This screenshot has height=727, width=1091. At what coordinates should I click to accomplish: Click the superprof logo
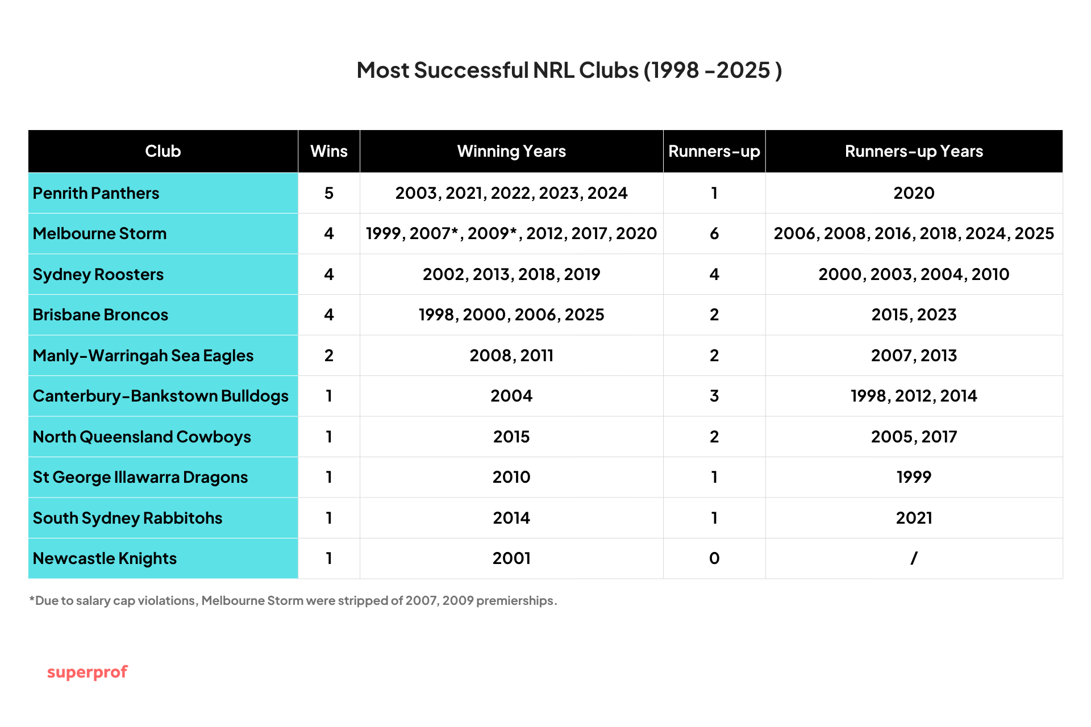(x=87, y=672)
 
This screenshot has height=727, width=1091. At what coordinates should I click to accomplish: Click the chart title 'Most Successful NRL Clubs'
(x=569, y=70)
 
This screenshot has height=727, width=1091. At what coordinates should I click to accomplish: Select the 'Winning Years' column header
(x=511, y=151)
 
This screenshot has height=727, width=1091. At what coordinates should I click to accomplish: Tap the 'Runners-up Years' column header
(x=914, y=151)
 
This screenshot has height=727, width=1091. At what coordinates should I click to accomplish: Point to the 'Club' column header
(x=163, y=151)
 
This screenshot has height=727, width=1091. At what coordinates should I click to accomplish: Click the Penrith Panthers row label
(x=96, y=193)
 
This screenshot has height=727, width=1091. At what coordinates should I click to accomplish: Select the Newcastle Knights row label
(x=105, y=558)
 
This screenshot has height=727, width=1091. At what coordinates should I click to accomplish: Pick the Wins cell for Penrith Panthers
(x=329, y=193)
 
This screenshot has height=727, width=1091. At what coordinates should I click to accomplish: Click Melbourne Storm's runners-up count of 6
(x=714, y=233)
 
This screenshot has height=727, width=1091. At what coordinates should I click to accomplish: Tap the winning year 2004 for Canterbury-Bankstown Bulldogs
(x=511, y=396)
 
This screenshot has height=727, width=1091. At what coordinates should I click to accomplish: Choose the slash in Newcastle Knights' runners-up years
(x=914, y=558)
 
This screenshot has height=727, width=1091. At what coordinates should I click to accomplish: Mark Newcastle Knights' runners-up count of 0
(x=714, y=558)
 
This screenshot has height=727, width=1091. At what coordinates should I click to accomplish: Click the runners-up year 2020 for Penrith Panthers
(x=914, y=193)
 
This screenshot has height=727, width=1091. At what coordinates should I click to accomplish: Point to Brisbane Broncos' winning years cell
(x=511, y=315)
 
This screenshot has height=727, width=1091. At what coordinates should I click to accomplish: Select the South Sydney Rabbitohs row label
(x=127, y=518)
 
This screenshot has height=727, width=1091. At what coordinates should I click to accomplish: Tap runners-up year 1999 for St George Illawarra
(x=914, y=477)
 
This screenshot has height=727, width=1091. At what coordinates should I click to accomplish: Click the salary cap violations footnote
(x=293, y=601)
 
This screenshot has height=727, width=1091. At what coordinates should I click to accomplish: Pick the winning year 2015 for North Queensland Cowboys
(x=511, y=437)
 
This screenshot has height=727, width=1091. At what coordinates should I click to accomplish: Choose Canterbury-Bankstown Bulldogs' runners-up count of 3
(x=714, y=396)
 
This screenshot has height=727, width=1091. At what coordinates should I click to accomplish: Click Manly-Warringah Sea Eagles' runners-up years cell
(x=914, y=356)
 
